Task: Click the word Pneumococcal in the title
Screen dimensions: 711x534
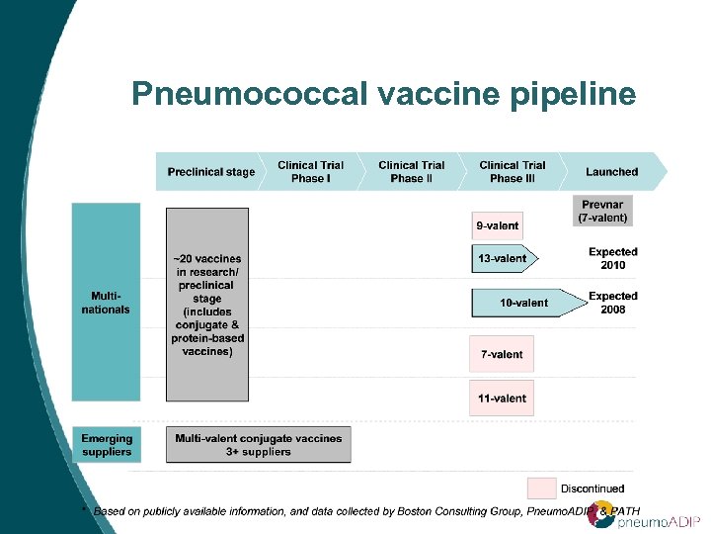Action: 246,95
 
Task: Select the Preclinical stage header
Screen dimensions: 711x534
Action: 210,172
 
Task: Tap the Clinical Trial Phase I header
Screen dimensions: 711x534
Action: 311,172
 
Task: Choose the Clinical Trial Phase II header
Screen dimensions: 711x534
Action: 412,172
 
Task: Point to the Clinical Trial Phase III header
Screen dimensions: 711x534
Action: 512,172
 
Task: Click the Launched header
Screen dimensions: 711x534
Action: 611,172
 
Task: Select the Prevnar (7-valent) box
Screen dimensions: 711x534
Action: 603,211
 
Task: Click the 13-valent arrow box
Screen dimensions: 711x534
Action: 503,258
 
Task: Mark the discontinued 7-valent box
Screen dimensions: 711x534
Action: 501,354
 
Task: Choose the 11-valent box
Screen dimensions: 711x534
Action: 501,399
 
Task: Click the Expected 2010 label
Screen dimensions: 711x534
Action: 613,258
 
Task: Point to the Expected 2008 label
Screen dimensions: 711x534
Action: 613,303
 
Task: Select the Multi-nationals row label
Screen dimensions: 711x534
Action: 106,302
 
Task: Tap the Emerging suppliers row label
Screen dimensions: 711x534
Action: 106,445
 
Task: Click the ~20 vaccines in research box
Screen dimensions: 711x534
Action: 207,305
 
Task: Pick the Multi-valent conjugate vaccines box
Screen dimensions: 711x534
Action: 258,445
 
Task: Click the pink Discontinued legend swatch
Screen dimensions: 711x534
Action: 541,488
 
